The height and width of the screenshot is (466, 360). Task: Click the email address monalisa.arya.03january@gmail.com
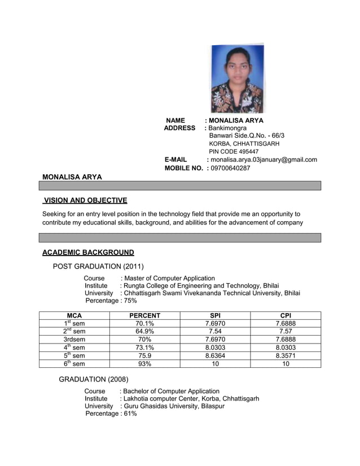(264, 160)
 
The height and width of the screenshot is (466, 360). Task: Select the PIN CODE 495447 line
(234, 152)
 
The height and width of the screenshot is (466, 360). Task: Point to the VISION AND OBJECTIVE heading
(86, 200)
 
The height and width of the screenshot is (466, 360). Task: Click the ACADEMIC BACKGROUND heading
(88, 252)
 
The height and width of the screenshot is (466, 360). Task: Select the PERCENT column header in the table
(145, 315)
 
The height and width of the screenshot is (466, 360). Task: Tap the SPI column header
(215, 315)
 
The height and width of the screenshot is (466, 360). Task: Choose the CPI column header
(286, 315)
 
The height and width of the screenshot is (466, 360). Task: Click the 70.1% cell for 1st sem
(145, 323)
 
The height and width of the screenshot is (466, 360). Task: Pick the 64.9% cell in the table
(145, 331)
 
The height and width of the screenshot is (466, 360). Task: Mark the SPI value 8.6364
(215, 356)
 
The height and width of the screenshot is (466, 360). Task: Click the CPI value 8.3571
(286, 356)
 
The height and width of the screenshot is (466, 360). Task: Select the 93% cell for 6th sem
(145, 364)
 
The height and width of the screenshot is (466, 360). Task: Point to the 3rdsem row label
(74, 340)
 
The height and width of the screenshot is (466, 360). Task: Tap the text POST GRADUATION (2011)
(98, 266)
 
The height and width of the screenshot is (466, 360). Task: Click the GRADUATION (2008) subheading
(94, 379)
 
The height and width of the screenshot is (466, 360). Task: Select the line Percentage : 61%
(111, 414)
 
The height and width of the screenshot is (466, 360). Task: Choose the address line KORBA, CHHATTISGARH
(244, 144)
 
